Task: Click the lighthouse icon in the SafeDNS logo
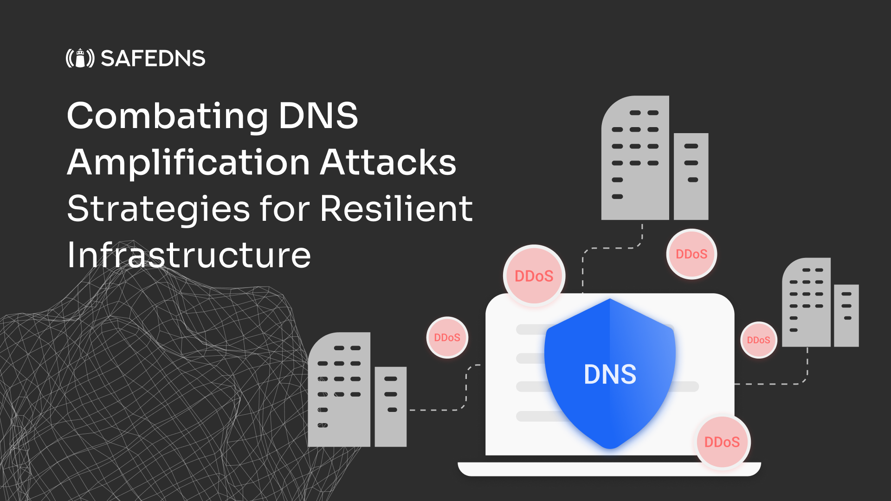(80, 58)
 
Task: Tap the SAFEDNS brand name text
(153, 58)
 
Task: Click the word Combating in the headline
(167, 116)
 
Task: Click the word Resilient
(396, 209)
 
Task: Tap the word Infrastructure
(189, 255)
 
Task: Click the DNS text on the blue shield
(610, 374)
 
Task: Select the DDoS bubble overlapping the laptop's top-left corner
(534, 276)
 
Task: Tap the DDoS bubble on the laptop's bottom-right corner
(722, 442)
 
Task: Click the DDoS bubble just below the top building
(691, 254)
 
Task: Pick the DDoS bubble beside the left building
(447, 338)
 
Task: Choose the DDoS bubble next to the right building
(758, 340)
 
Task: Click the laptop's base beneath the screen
(609, 469)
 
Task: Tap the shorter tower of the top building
(691, 176)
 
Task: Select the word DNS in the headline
(318, 116)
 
